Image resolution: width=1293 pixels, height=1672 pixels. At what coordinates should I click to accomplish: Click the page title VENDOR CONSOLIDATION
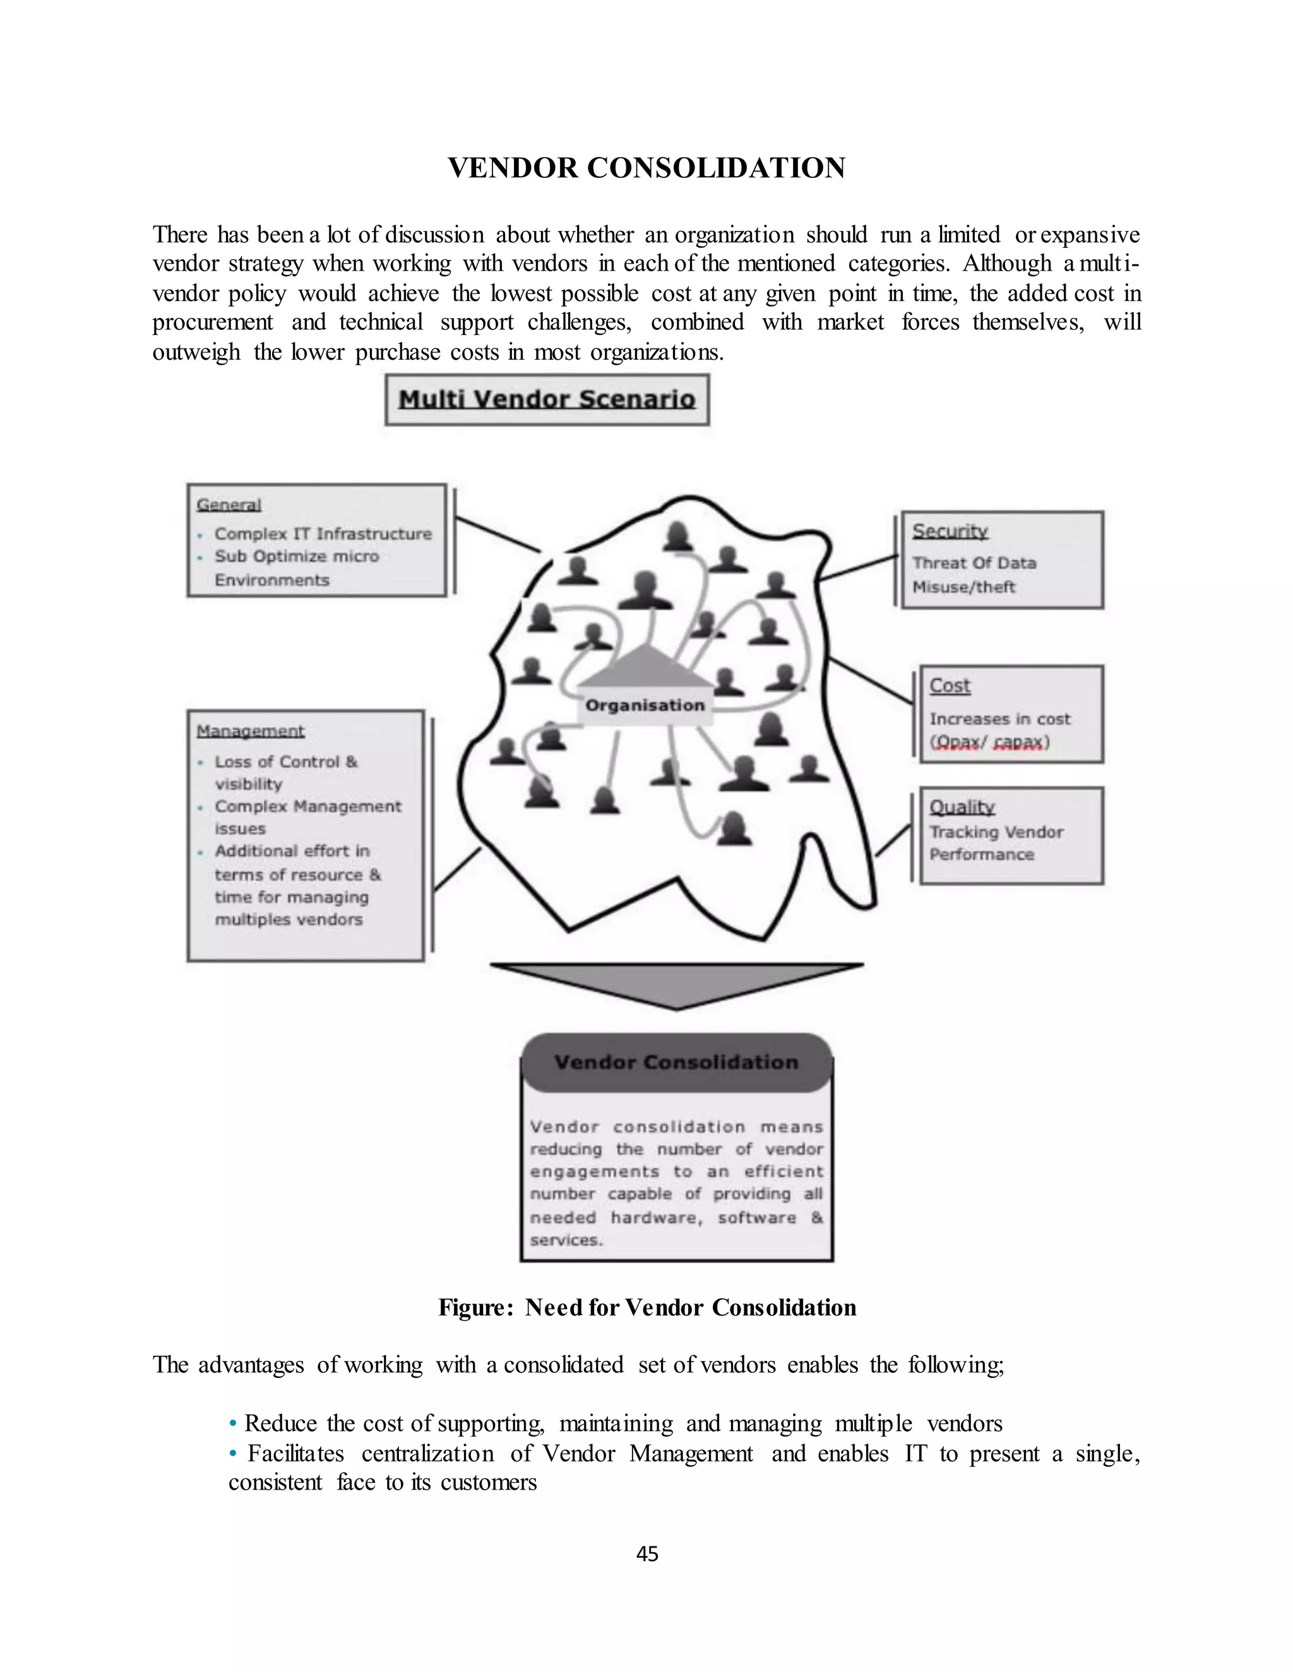pyautogui.click(x=646, y=168)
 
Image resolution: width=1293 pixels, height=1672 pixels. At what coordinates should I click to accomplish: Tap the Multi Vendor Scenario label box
pyautogui.click(x=547, y=399)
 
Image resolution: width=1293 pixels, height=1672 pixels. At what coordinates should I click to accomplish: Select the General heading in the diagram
pyautogui.click(x=229, y=505)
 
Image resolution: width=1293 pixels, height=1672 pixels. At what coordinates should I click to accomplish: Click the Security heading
pyautogui.click(x=950, y=531)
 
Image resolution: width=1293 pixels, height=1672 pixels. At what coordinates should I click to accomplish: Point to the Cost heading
pyautogui.click(x=950, y=685)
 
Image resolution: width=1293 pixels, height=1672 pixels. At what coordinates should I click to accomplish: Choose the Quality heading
pyautogui.click(x=962, y=806)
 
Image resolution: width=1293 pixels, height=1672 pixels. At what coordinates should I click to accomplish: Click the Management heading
pyautogui.click(x=251, y=731)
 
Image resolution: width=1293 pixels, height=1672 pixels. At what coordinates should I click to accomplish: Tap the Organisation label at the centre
pyautogui.click(x=644, y=705)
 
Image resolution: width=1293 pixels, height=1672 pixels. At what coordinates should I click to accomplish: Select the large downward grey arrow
pyautogui.click(x=676, y=984)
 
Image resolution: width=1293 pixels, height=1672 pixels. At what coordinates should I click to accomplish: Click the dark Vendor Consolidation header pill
pyautogui.click(x=676, y=1062)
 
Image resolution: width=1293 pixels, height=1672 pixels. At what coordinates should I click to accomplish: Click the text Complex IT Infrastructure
pyautogui.click(x=323, y=534)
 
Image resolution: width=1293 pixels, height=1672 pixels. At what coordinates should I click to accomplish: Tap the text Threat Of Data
pyautogui.click(x=974, y=563)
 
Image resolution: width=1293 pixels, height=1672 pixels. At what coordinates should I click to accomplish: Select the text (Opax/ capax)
pyautogui.click(x=989, y=742)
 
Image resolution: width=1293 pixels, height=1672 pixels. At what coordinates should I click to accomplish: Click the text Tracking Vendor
pyautogui.click(x=996, y=832)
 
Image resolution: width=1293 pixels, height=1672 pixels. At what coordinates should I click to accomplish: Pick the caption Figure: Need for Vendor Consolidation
pyautogui.click(x=647, y=1307)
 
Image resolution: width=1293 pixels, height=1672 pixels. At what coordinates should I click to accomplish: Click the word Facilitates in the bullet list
pyautogui.click(x=295, y=1453)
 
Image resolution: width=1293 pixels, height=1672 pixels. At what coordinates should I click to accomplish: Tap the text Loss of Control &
pyautogui.click(x=286, y=761)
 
